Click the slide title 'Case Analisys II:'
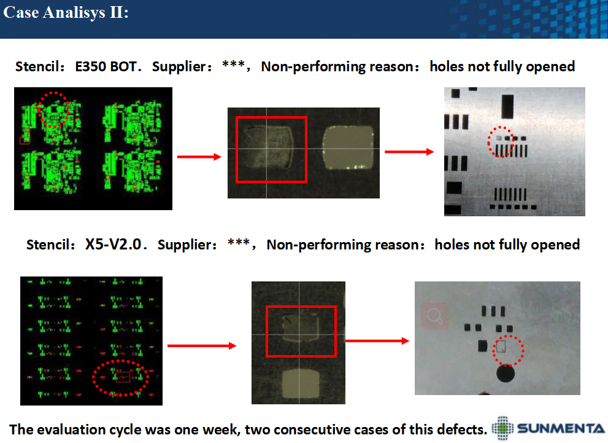pyautogui.click(x=66, y=12)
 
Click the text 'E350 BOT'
pyautogui.click(x=106, y=66)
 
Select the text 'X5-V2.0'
pyautogui.click(x=114, y=244)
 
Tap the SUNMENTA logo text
pyautogui.click(x=561, y=429)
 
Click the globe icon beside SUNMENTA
pyautogui.click(x=502, y=428)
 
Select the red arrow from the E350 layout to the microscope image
pyautogui.click(x=199, y=157)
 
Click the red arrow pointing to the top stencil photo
pyautogui.click(x=409, y=152)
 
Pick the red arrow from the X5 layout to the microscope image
pyautogui.click(x=202, y=345)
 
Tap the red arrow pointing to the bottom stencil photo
pyautogui.click(x=377, y=341)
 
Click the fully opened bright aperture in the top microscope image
pyautogui.click(x=348, y=147)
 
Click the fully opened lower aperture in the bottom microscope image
pyautogui.click(x=300, y=384)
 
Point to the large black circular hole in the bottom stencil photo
pyautogui.click(x=506, y=373)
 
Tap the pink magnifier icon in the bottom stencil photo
pyautogui.click(x=434, y=316)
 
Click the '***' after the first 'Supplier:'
pyautogui.click(x=233, y=65)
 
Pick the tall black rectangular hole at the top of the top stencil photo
pyautogui.click(x=507, y=106)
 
